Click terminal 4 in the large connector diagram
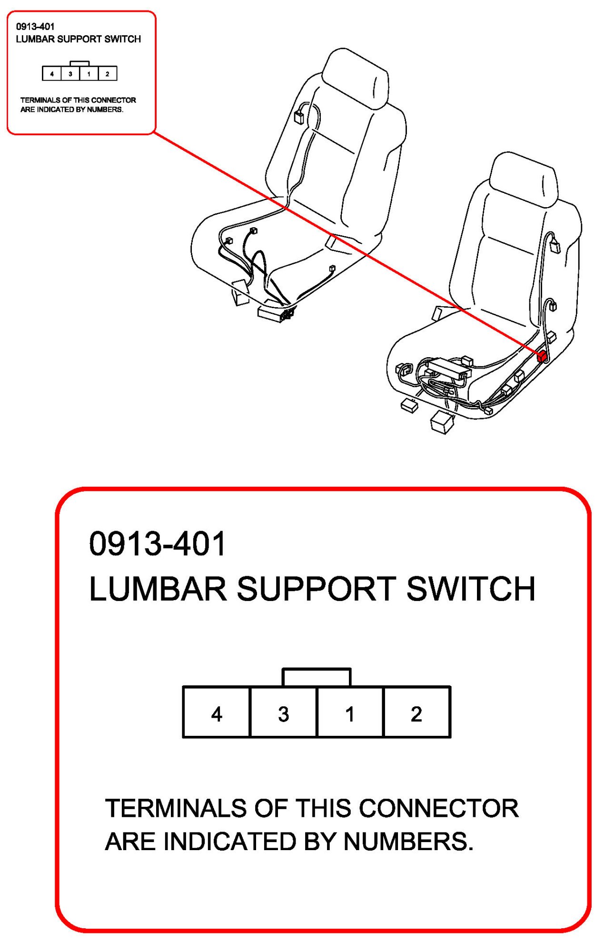[x=217, y=712]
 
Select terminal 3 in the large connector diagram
[x=283, y=712]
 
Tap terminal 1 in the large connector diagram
[x=350, y=712]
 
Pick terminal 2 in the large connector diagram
[x=417, y=712]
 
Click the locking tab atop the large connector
[x=317, y=677]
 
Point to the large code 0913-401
[x=158, y=544]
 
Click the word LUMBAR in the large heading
[x=158, y=589]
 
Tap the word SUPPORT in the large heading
[x=316, y=589]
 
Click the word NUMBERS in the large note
[x=408, y=842]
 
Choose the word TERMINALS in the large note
[x=176, y=808]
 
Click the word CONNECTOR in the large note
[x=438, y=808]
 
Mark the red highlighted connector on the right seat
[x=541, y=356]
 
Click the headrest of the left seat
[x=356, y=79]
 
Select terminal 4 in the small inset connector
[x=52, y=74]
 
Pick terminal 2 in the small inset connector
[x=108, y=74]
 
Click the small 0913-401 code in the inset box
[x=35, y=27]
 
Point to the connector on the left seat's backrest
[x=299, y=117]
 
